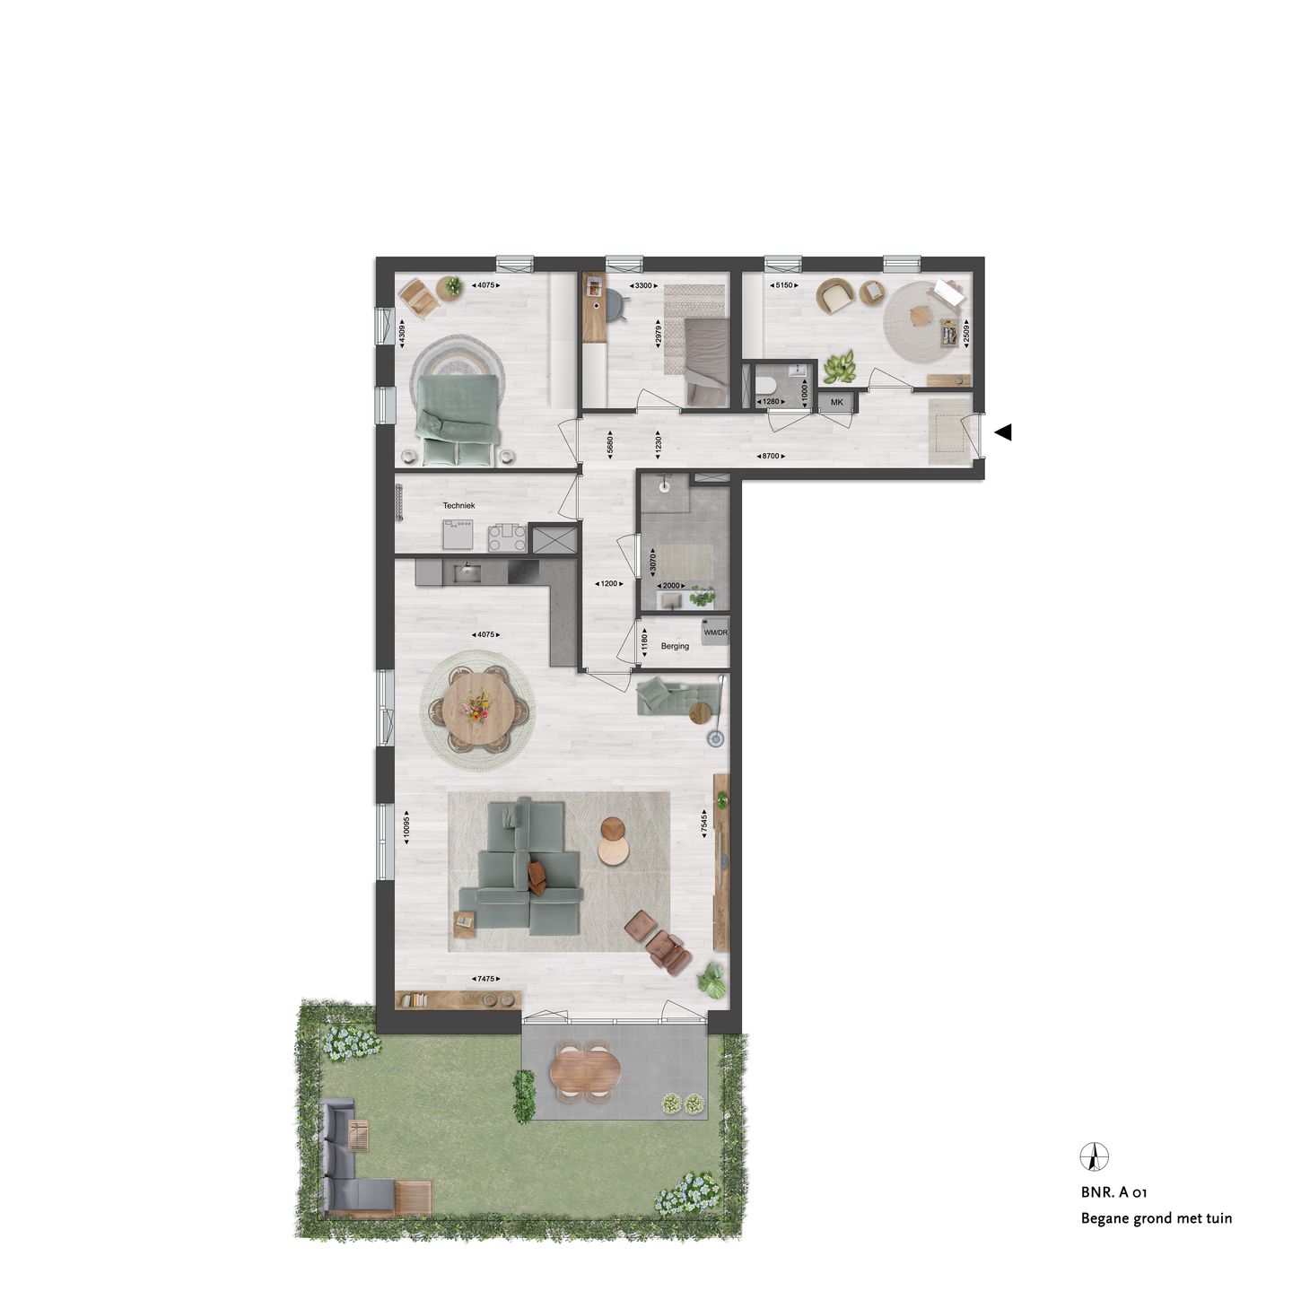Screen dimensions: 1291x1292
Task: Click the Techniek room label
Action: (x=458, y=506)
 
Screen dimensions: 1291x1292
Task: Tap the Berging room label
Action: (x=675, y=646)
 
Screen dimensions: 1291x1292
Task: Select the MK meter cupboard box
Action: (x=837, y=403)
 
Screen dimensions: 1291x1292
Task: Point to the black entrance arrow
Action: (x=1003, y=432)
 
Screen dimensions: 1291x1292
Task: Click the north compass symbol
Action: (x=1094, y=1156)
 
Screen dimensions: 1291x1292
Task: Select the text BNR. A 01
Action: (x=1113, y=1193)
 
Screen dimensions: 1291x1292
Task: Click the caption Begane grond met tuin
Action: (x=1156, y=1218)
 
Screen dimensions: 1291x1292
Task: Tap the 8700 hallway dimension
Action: (x=770, y=457)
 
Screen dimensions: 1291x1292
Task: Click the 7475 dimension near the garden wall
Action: (x=485, y=979)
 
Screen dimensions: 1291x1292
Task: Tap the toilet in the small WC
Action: (x=767, y=386)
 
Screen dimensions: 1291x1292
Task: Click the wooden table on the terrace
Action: (x=585, y=1069)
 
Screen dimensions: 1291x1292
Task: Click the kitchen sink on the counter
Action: (x=466, y=572)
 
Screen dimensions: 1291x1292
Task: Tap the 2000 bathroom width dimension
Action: (x=671, y=585)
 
